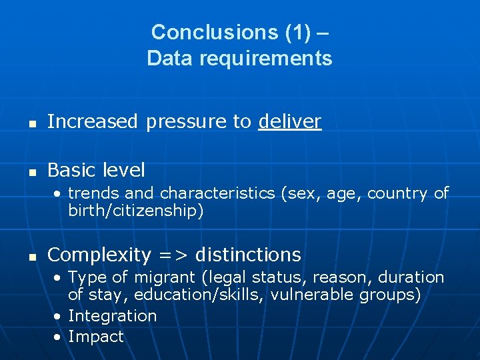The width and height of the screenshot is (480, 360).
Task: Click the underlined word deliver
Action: point(290,121)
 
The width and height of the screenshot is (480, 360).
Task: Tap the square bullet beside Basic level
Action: point(31,171)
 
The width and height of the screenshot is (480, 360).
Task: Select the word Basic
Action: point(73,170)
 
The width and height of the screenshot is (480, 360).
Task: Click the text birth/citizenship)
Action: point(136,211)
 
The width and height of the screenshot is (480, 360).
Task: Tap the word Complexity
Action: point(99,255)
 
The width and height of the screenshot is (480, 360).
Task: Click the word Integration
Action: point(112,316)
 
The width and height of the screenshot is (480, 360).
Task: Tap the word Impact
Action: point(96,337)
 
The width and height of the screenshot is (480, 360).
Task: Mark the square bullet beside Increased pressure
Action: point(31,123)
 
